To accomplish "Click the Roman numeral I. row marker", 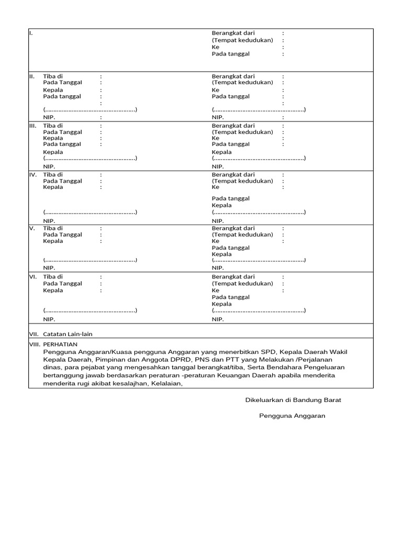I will pos(31,33).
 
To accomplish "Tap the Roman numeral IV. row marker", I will pos(32,175).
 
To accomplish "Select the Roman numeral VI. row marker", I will pos(32,277).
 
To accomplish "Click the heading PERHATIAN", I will pos(60,344).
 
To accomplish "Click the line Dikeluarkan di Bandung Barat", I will pos(293,400).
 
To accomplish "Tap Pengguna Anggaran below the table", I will pos(292,416).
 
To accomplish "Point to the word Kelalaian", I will pos(166,384).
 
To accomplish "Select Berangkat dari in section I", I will pos(233,33).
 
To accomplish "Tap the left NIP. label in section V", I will pos(49,267).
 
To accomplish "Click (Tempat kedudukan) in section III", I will pos(242,132).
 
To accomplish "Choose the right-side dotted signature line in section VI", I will pos(259,310).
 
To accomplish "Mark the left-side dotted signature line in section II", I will pos(90,110).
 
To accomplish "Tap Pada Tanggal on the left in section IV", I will pos(62,181).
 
